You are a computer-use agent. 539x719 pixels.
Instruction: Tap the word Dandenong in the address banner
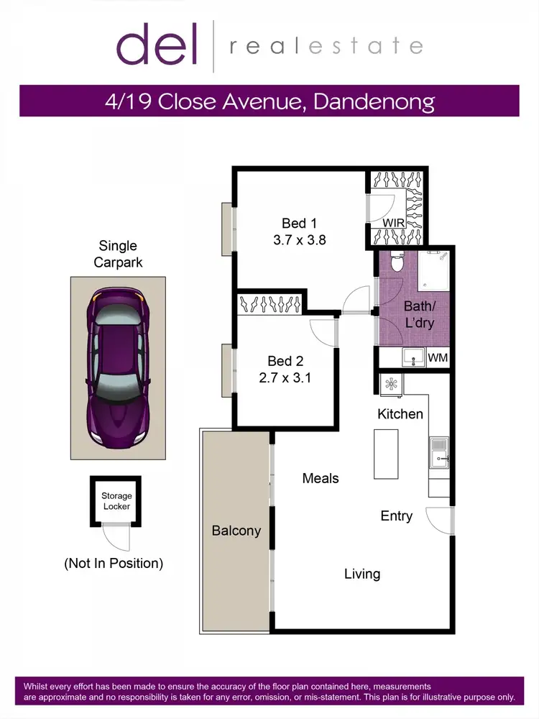pyautogui.click(x=373, y=101)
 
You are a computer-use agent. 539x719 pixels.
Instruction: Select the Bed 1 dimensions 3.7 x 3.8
pyautogui.click(x=299, y=240)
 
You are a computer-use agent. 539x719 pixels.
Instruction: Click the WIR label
pyautogui.click(x=393, y=223)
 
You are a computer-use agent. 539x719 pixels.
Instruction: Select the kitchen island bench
pyautogui.click(x=386, y=454)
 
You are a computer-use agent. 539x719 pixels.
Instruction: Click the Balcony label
pyautogui.click(x=236, y=531)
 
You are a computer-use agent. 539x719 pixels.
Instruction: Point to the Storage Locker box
pyautogui.click(x=116, y=500)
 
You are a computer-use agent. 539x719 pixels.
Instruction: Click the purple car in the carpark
pyautogui.click(x=117, y=367)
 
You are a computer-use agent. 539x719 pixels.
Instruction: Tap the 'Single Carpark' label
pyautogui.click(x=117, y=255)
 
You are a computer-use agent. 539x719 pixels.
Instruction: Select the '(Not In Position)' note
pyautogui.click(x=114, y=563)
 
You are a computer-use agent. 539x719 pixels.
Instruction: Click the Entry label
pyautogui.click(x=397, y=516)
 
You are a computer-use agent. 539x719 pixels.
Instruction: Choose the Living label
pyautogui.click(x=361, y=574)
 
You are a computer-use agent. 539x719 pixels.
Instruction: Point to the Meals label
pyautogui.click(x=320, y=477)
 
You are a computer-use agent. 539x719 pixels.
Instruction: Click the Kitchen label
pyautogui.click(x=400, y=414)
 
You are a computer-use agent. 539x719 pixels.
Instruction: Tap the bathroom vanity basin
pyautogui.click(x=412, y=356)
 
